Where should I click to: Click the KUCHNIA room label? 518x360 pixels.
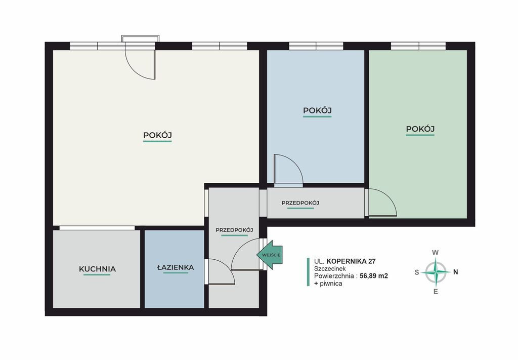[x=98, y=269]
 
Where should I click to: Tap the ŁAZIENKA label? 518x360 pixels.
[x=176, y=267]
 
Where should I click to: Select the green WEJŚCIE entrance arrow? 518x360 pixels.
[x=270, y=255]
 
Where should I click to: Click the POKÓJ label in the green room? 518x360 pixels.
[x=420, y=129]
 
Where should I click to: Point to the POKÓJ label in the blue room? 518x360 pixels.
[x=317, y=110]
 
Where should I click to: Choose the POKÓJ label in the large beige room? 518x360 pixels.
[x=157, y=135]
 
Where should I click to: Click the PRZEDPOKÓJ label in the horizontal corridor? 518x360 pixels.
[x=300, y=203]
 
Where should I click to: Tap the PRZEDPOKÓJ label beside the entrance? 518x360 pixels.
[x=234, y=230]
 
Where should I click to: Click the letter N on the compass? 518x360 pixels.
[x=456, y=272]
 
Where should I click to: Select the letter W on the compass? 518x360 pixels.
[x=436, y=253]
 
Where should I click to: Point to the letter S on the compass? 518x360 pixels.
[x=417, y=272]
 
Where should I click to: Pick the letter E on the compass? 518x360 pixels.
[x=436, y=292]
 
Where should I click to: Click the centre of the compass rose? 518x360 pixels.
[x=436, y=272]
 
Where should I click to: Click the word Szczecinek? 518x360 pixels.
[x=330, y=268]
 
